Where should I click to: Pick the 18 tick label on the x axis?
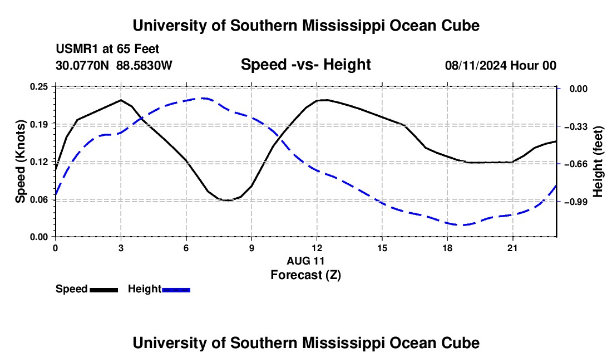pos(447,248)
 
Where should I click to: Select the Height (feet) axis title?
pos(598,162)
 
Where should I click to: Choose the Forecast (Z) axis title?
pos(305,275)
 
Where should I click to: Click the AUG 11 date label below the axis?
pos(305,261)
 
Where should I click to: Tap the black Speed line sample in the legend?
pos(104,290)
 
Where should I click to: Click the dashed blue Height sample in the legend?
pos(176,290)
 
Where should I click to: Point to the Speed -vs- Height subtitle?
pos(305,65)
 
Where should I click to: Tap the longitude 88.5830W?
pos(144,65)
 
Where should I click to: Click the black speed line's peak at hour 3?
pos(121,100)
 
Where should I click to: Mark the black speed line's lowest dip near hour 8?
pos(228,200)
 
